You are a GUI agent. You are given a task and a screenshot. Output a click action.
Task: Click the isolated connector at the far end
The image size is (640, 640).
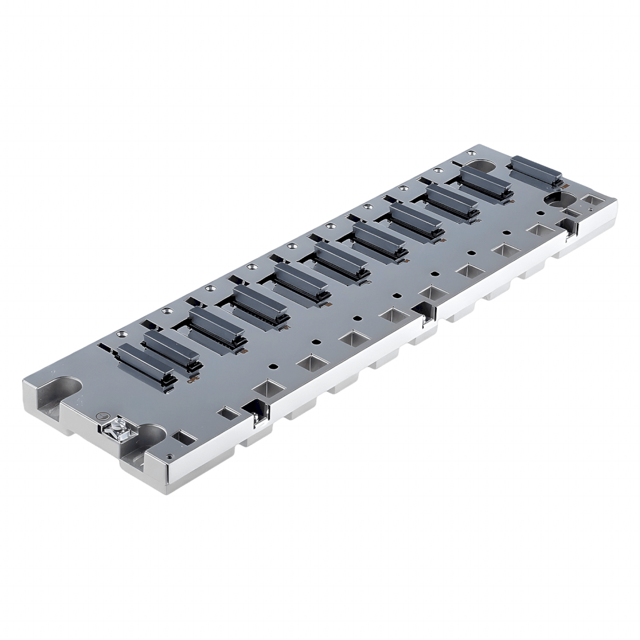[x=536, y=170]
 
